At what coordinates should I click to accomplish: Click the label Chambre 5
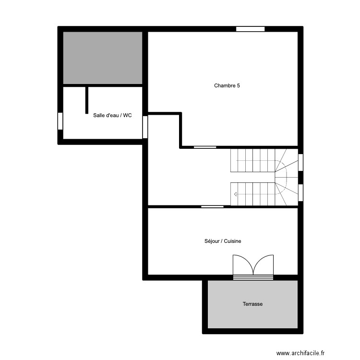click(227, 86)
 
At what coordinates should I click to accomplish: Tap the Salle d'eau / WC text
click(112, 115)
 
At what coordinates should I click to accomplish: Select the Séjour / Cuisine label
click(222, 241)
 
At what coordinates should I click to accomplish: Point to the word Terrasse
click(252, 304)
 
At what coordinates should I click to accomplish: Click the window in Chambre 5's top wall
click(250, 29)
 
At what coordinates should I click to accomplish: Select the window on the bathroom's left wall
click(60, 120)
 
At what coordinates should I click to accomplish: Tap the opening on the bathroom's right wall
click(145, 127)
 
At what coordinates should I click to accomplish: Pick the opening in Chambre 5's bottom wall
click(204, 147)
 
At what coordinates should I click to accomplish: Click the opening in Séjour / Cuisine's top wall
click(212, 207)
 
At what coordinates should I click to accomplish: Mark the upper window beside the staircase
click(301, 162)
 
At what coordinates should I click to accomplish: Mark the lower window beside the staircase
click(301, 192)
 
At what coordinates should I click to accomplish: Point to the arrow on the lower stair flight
click(235, 194)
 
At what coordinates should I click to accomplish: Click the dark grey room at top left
click(103, 58)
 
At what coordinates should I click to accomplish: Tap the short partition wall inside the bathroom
click(87, 100)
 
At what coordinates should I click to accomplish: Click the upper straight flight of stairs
click(252, 160)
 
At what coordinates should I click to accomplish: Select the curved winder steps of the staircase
click(287, 177)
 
